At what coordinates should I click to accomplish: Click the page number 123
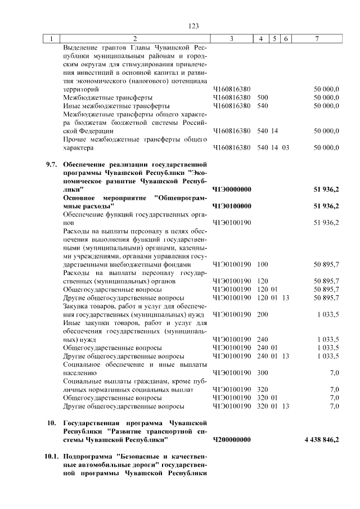pyautogui.click(x=194, y=26)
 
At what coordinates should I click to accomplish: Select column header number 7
pyautogui.click(x=318, y=39)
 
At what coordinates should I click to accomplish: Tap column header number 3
pyautogui.click(x=232, y=39)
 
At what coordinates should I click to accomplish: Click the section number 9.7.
pyautogui.click(x=52, y=164)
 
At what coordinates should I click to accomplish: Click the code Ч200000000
pyautogui.click(x=232, y=439)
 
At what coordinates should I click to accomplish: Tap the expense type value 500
pyautogui.click(x=262, y=97)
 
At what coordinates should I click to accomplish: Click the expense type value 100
pyautogui.click(x=262, y=264)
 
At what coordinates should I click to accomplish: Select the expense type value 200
pyautogui.click(x=262, y=314)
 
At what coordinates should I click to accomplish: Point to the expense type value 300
pyautogui.click(x=262, y=372)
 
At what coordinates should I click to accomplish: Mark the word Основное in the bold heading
pyautogui.click(x=79, y=199)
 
